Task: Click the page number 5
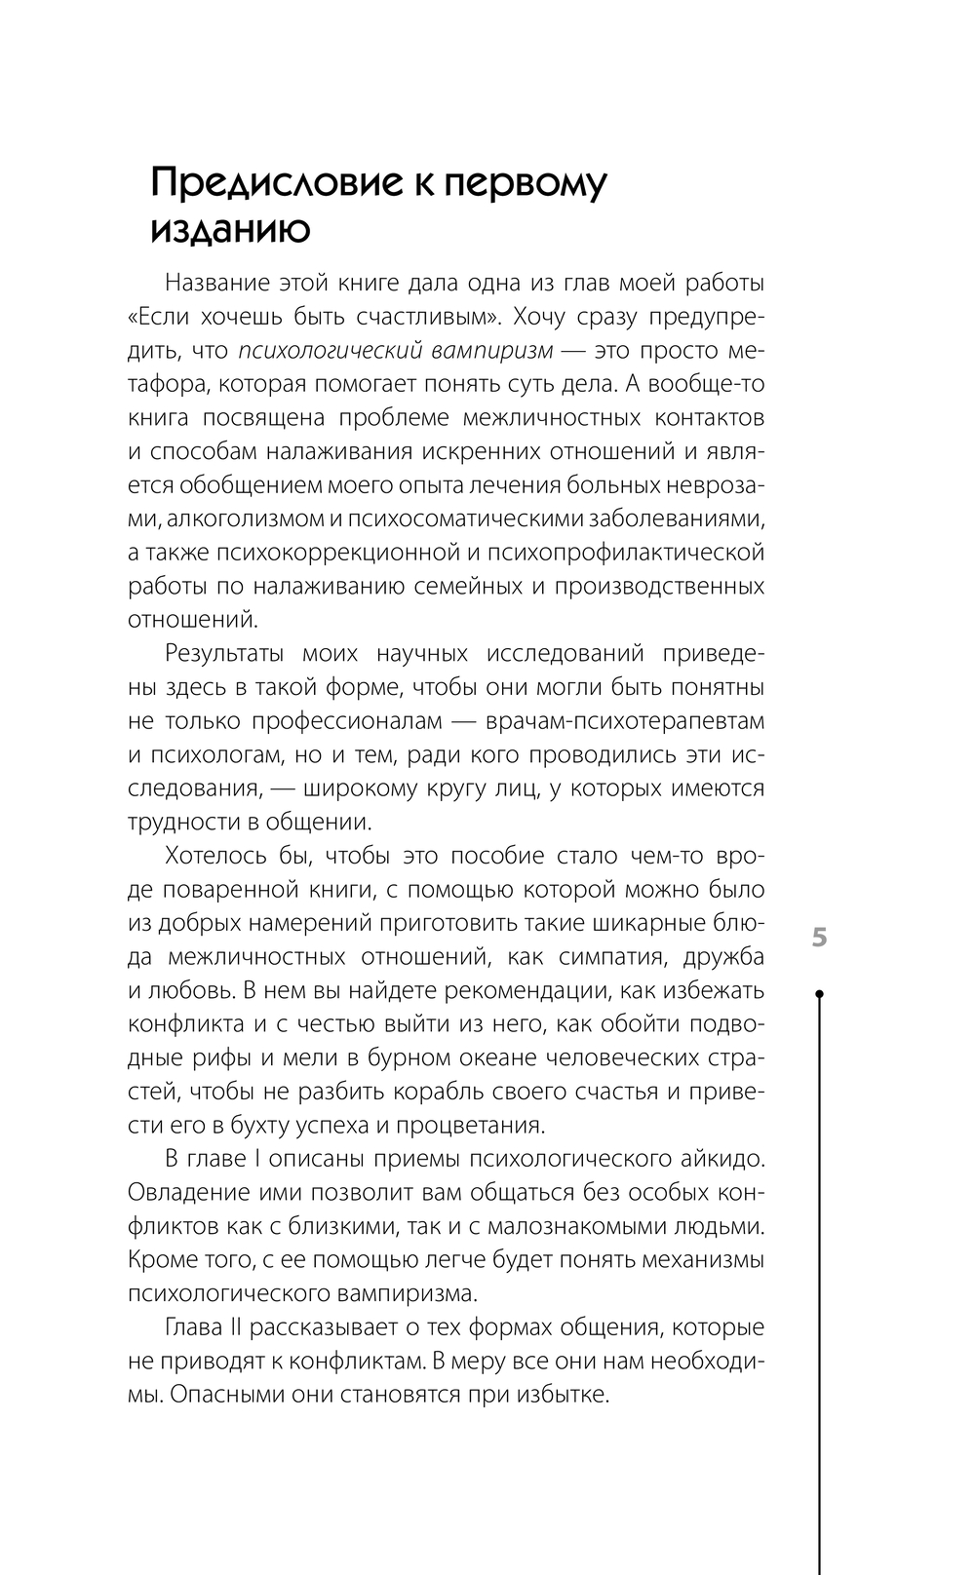point(819,939)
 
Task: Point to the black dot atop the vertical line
point(819,994)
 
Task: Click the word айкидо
point(721,1159)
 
